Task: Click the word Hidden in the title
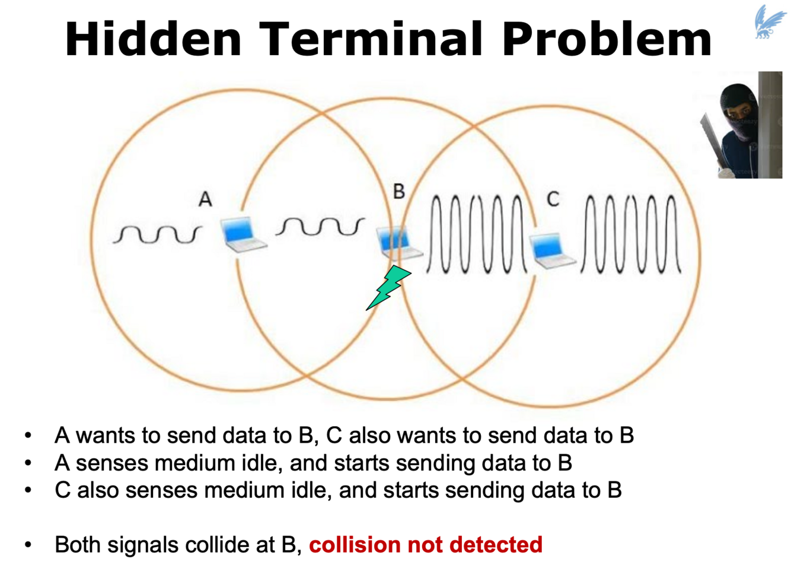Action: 153,39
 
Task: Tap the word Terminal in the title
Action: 371,39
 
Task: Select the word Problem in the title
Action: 606,39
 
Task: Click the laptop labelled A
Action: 241,234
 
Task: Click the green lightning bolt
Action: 388,287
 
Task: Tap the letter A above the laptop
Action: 205,199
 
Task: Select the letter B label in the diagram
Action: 399,191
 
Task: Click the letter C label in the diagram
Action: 553,199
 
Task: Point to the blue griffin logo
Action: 769,22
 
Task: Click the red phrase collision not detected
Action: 425,544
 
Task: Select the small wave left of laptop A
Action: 157,234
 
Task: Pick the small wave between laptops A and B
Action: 320,227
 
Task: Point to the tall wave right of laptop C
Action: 631,234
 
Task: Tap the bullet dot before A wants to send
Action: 28,436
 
